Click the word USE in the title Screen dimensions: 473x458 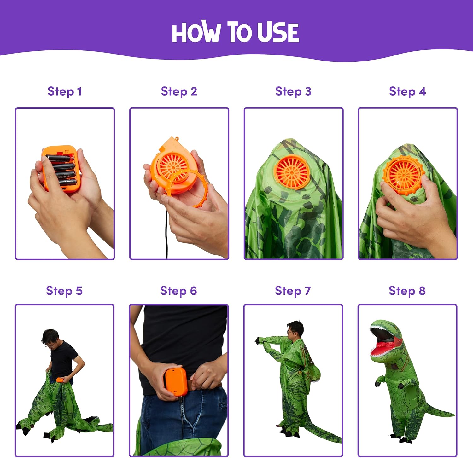click(278, 32)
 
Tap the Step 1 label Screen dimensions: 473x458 click(65, 91)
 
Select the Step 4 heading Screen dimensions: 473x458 click(407, 91)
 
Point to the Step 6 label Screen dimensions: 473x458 click(178, 291)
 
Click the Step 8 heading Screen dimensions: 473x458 click(407, 291)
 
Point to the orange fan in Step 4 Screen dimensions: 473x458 click(403, 174)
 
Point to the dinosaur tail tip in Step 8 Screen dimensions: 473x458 click(453, 414)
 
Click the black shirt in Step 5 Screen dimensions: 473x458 click(63, 359)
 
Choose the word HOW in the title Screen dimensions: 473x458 click(196, 32)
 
